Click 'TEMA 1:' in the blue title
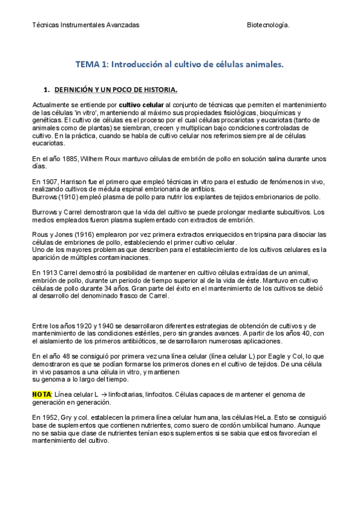(x=91, y=63)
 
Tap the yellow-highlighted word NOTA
(x=41, y=394)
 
